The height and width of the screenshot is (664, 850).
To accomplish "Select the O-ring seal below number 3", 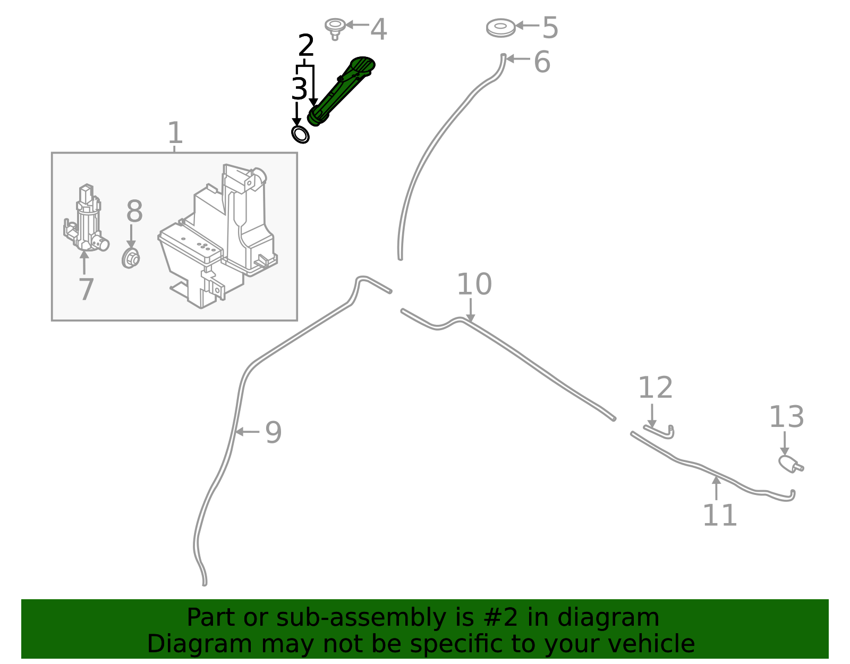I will (x=300, y=134).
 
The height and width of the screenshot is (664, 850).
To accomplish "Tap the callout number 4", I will (x=378, y=29).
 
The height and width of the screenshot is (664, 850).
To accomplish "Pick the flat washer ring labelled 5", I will (x=500, y=27).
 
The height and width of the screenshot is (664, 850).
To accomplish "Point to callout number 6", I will (x=542, y=62).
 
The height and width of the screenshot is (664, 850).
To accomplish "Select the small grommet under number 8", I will (x=131, y=259).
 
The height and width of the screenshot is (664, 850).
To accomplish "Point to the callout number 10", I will (x=474, y=284).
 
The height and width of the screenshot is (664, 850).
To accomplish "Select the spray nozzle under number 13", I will (x=790, y=464).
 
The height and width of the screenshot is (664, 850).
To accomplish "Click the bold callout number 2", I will (x=306, y=46).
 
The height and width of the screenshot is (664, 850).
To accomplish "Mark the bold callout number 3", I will (x=299, y=89).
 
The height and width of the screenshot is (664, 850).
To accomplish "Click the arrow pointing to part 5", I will (x=527, y=25).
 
